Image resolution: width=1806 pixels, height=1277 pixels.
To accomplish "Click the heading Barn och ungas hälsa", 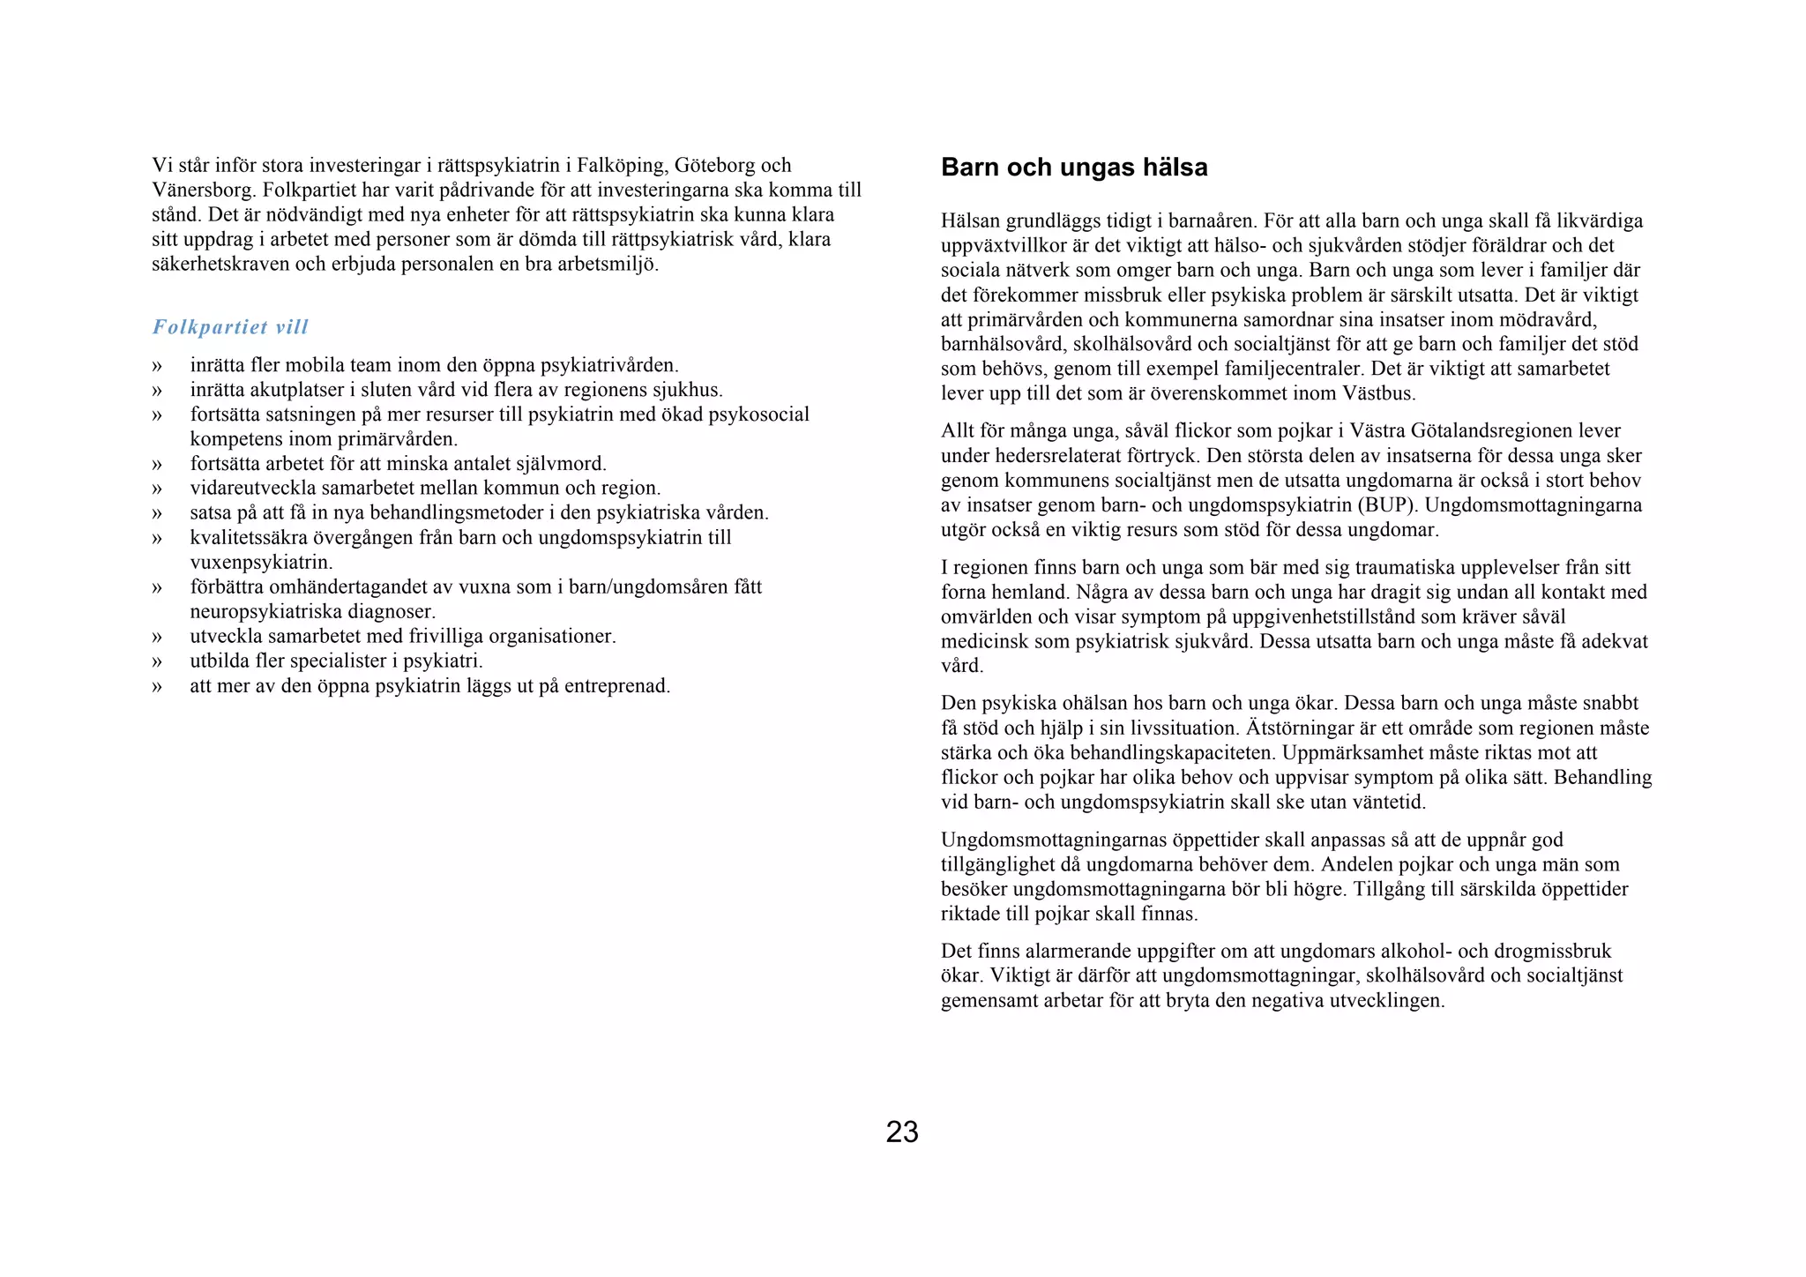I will pos(1073,168).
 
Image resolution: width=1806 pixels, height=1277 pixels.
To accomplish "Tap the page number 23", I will pos(902,1132).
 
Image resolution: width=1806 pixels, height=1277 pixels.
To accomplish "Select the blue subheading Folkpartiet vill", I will pos(230,327).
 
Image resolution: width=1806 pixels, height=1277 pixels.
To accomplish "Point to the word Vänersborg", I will pos(202,190).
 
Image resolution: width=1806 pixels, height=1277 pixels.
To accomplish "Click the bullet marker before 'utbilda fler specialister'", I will pos(157,661).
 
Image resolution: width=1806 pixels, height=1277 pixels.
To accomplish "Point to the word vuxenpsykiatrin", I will pos(260,563).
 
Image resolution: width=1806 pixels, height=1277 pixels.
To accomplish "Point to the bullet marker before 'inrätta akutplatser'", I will pos(157,390).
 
